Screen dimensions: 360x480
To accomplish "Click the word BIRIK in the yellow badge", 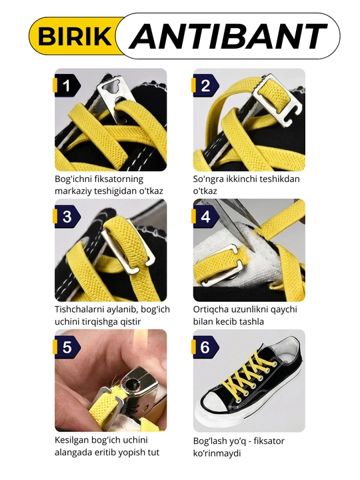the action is point(75,36).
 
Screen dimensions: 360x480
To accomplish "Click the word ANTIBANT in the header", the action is point(229,36).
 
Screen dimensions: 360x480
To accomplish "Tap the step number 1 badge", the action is point(67,86).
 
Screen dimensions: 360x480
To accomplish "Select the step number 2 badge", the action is point(205,86).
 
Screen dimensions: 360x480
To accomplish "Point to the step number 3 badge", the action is point(67,217).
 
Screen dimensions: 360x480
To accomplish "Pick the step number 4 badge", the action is point(205,217).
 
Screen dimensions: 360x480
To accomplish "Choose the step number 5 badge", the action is point(67,347).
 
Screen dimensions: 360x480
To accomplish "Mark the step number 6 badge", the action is point(205,347).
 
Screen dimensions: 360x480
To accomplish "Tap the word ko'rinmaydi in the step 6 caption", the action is point(217,453).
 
